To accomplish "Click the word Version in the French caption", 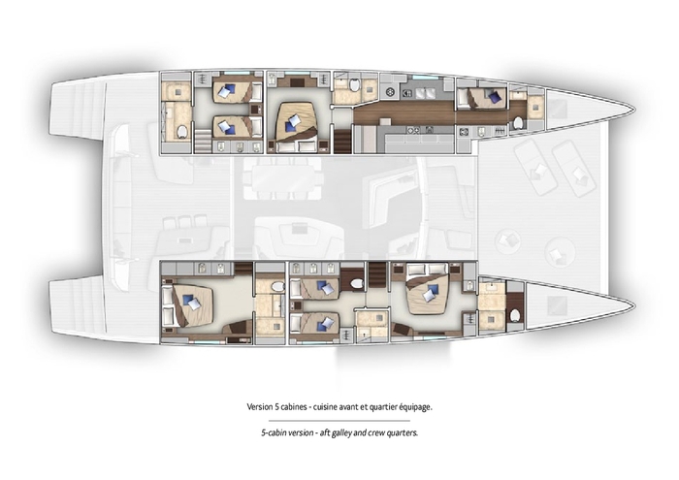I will [262, 407].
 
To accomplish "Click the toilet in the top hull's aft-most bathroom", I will [180, 132].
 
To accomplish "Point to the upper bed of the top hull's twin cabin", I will [233, 92].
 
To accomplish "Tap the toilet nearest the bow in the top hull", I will [519, 122].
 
